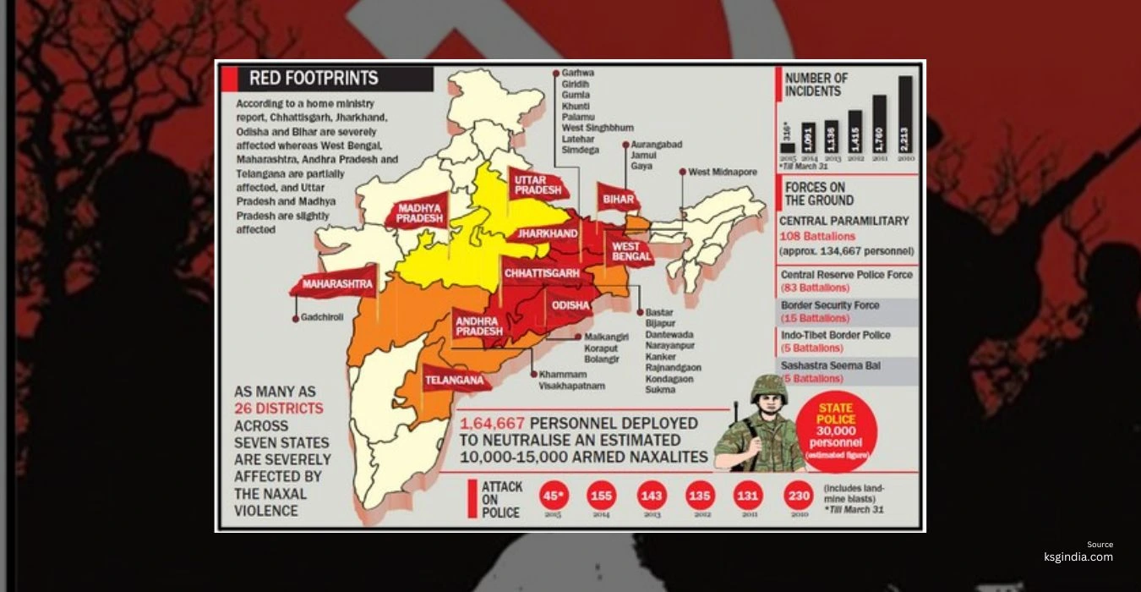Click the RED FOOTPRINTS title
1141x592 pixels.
coord(314,79)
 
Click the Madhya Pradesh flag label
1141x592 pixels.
coord(420,212)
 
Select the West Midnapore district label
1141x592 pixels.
coord(722,173)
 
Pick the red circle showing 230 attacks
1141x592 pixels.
coord(799,496)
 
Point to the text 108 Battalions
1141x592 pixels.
coord(817,237)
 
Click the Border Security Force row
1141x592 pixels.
coord(847,311)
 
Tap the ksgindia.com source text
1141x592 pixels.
coord(1078,556)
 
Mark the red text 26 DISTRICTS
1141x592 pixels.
coord(279,408)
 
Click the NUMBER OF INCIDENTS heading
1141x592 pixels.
coord(816,84)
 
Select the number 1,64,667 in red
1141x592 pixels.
coord(493,423)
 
